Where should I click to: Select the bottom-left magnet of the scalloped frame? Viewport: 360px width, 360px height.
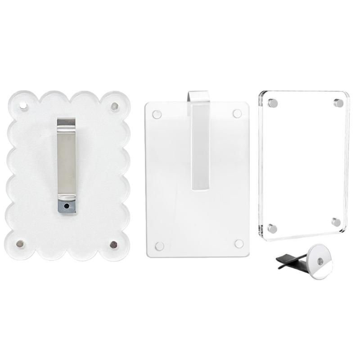[x=21, y=243]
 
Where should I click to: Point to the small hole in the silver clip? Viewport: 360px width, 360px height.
[x=67, y=205]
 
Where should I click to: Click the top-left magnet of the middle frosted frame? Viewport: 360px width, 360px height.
[x=157, y=114]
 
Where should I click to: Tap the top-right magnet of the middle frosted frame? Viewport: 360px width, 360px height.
[x=237, y=114]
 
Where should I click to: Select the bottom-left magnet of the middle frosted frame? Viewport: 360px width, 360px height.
[x=159, y=246]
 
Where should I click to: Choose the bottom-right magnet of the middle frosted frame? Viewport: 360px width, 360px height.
[x=239, y=243]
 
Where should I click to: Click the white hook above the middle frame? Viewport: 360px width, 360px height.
[x=198, y=95]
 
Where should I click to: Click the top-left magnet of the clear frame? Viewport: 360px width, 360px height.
[x=273, y=103]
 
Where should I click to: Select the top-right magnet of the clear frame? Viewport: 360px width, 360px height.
[x=338, y=103]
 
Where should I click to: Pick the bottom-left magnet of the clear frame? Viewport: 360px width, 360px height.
[x=272, y=228]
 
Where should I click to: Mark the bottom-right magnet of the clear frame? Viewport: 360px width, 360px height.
[x=336, y=222]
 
